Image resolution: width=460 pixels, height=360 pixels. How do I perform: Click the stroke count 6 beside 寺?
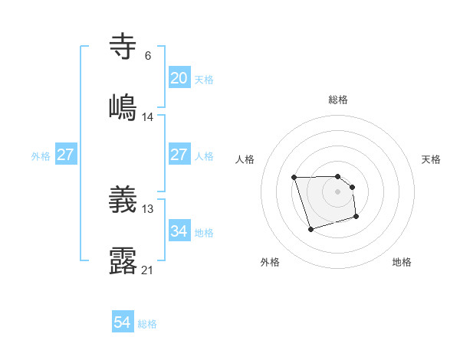coord(148,56)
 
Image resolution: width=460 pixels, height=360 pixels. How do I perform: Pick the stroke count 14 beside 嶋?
coord(148,117)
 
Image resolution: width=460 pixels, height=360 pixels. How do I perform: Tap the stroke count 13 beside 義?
coord(148,209)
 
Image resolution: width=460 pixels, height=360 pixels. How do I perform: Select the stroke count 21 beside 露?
coord(148,270)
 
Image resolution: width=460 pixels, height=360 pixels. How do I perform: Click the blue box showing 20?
coord(179,78)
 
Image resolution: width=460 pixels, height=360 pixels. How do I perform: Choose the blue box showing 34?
coord(179,231)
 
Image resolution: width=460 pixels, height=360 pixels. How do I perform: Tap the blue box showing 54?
coord(123,323)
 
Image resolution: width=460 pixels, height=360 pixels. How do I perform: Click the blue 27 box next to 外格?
coord(65,155)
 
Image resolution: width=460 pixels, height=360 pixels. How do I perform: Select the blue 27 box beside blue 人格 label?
coord(179,155)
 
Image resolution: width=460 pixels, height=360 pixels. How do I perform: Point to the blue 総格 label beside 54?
coord(147,324)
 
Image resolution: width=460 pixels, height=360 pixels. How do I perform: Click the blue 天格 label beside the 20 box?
coord(204,79)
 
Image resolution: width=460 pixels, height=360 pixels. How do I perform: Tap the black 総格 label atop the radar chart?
coord(338,100)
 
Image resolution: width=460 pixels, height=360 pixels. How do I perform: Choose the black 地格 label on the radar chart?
coord(402,262)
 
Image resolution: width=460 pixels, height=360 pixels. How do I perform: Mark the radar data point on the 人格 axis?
coord(294,178)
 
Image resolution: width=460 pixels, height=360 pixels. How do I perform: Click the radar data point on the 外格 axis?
coord(310,229)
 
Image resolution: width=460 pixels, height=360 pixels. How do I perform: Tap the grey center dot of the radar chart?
coord(338,191)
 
